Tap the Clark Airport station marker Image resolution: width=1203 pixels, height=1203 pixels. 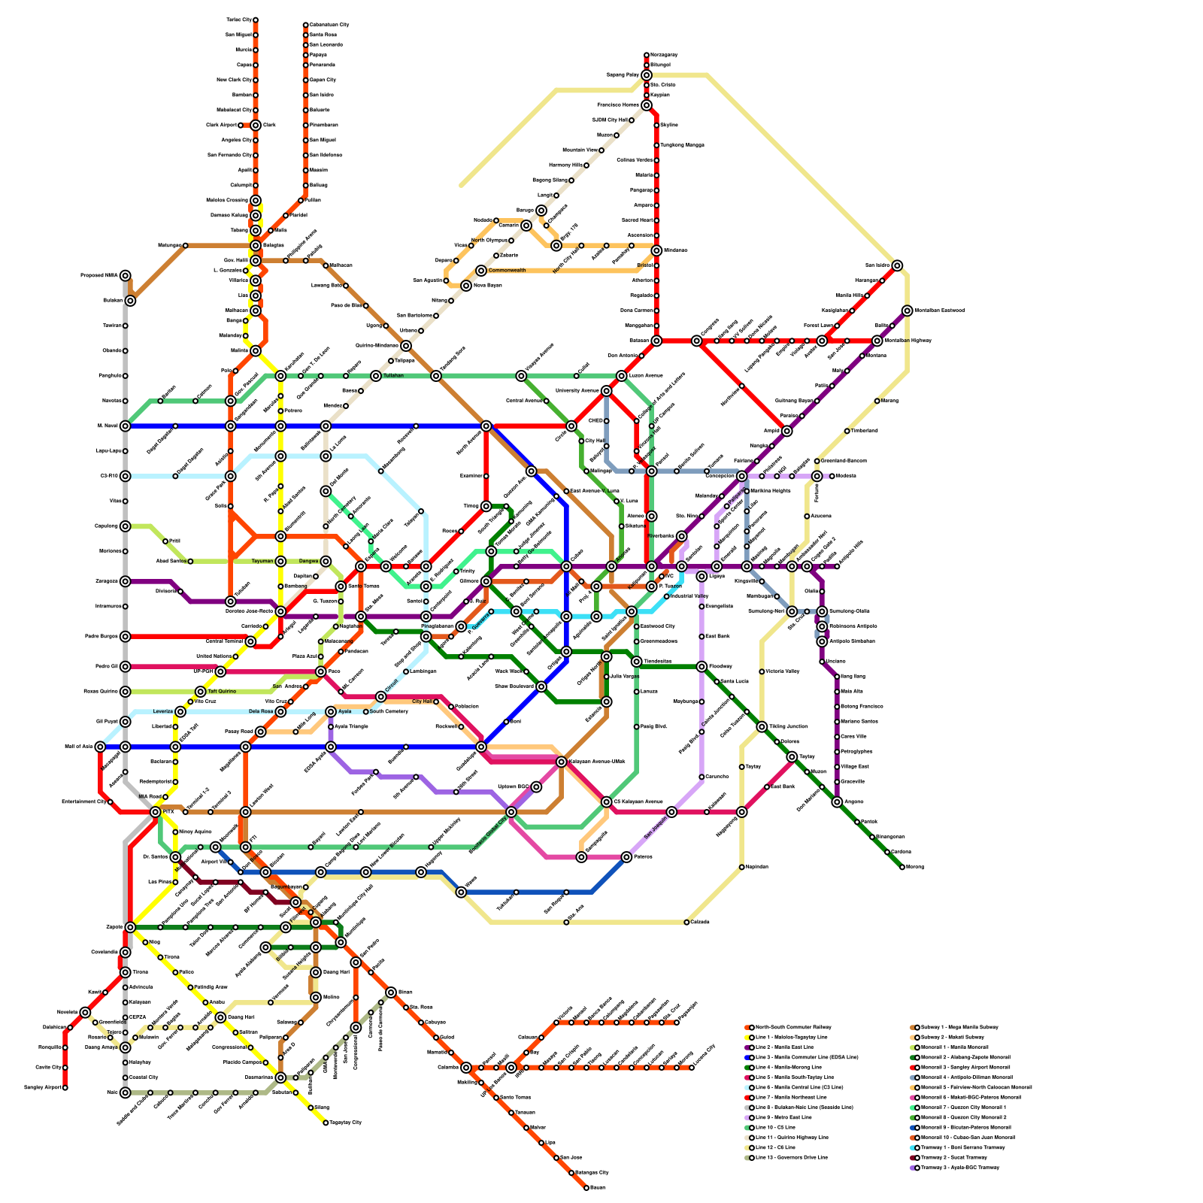(241, 125)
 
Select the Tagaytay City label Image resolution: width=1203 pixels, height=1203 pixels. (347, 1123)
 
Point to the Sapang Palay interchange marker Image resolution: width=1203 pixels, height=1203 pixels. (647, 75)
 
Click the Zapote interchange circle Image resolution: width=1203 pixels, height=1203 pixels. (130, 927)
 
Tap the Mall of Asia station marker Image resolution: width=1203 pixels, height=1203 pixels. (100, 747)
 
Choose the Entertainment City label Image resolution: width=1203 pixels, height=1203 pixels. (83, 801)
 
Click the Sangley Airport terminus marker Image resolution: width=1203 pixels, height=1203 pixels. (65, 1087)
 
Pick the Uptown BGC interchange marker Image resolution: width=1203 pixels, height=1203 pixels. (536, 787)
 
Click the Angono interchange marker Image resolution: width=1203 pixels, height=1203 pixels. (837, 802)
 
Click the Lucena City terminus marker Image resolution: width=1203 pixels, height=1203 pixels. (692, 1068)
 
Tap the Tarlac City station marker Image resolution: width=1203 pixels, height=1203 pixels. (256, 20)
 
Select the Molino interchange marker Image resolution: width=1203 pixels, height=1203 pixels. (316, 997)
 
